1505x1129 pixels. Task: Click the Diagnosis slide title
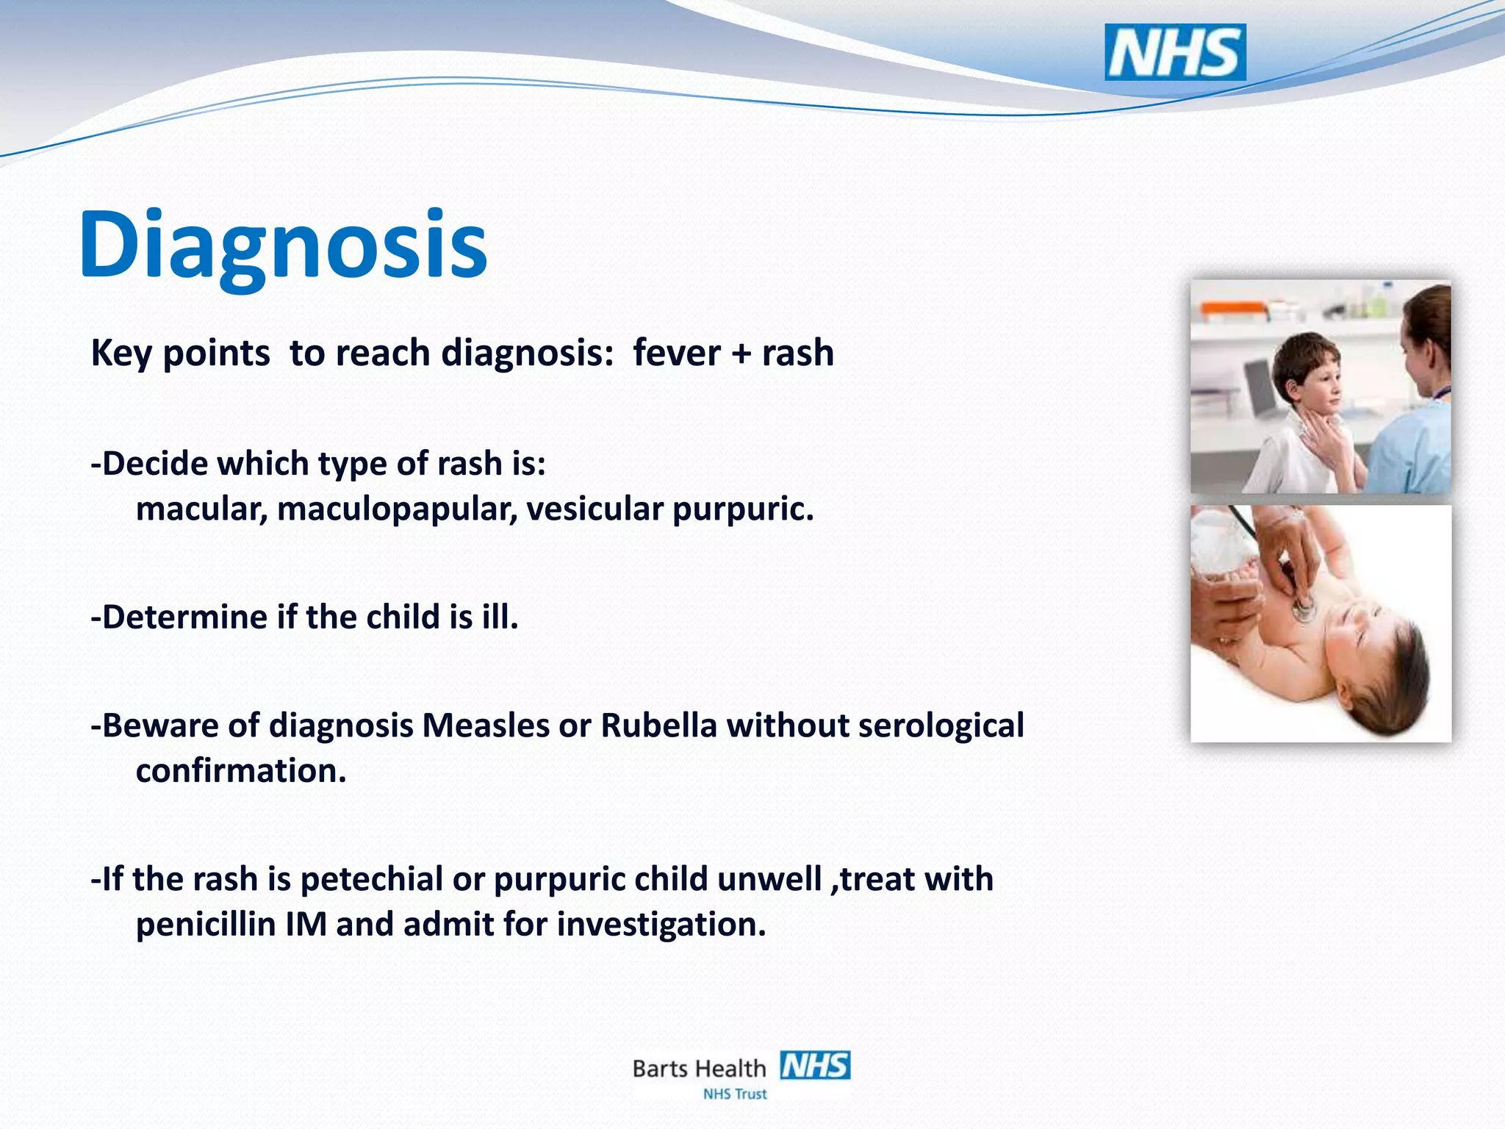[x=283, y=244]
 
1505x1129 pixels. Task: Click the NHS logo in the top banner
[x=1174, y=52]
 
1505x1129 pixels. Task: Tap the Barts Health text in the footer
[x=699, y=1068]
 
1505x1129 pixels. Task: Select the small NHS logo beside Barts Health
[x=815, y=1065]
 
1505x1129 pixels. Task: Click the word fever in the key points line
[x=676, y=353]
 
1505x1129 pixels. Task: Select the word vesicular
[x=595, y=509]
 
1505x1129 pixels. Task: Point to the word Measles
[x=486, y=725]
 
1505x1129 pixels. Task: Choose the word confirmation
[x=240, y=771]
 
